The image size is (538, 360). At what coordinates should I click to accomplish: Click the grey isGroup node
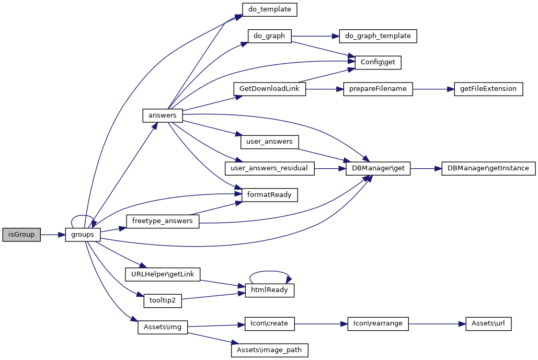pyautogui.click(x=21, y=235)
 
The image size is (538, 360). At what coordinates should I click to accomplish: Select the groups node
pyautogui.click(x=83, y=235)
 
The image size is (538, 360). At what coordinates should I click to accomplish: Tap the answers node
pyautogui.click(x=163, y=115)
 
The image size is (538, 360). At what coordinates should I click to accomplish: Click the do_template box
pyautogui.click(x=270, y=9)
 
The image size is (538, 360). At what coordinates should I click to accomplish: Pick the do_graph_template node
pyautogui.click(x=378, y=36)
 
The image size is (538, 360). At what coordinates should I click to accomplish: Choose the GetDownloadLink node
pyautogui.click(x=269, y=89)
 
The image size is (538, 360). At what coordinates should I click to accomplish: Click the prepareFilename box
pyautogui.click(x=378, y=89)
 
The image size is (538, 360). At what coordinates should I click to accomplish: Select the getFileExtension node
pyautogui.click(x=488, y=89)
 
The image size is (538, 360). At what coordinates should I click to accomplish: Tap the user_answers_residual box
pyautogui.click(x=270, y=168)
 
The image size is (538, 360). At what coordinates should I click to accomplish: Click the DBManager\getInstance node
pyautogui.click(x=488, y=168)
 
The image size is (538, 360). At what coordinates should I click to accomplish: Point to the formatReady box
pyautogui.click(x=269, y=195)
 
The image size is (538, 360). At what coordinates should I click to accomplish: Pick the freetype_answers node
pyautogui.click(x=163, y=222)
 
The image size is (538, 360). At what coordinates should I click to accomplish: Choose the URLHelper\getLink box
pyautogui.click(x=163, y=274)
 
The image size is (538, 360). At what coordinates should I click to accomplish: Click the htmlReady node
pyautogui.click(x=270, y=290)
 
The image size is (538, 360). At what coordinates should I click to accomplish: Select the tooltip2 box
pyautogui.click(x=163, y=301)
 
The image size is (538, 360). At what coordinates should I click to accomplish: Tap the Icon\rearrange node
pyautogui.click(x=378, y=324)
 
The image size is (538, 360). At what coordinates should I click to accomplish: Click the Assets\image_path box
pyautogui.click(x=269, y=350)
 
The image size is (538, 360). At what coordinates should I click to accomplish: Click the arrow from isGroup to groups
pyautogui.click(x=52, y=235)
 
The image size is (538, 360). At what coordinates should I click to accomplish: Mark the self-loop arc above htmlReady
pyautogui.click(x=270, y=272)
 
